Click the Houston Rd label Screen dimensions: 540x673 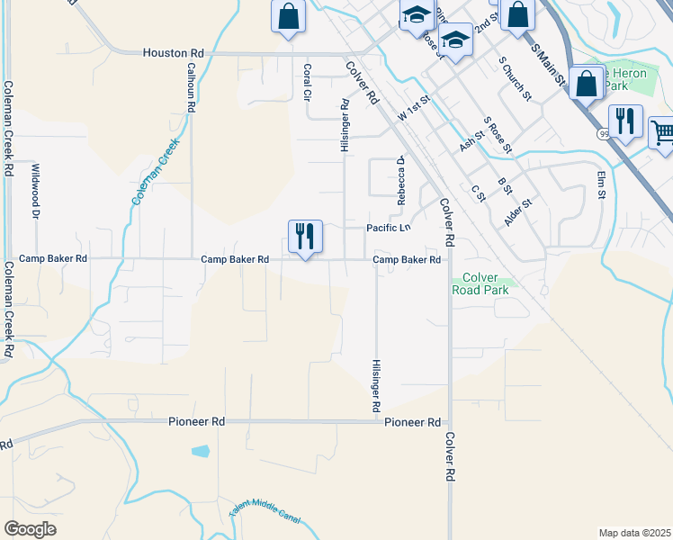coord(174,53)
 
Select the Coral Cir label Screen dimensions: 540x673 coord(307,81)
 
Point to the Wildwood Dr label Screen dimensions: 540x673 coord(37,192)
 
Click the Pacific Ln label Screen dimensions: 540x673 coord(389,229)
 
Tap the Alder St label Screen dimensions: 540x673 coord(519,213)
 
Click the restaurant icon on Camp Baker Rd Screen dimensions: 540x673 coord(304,237)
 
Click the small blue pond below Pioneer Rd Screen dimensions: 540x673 coord(201,450)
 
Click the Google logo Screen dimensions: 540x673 coord(30,529)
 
